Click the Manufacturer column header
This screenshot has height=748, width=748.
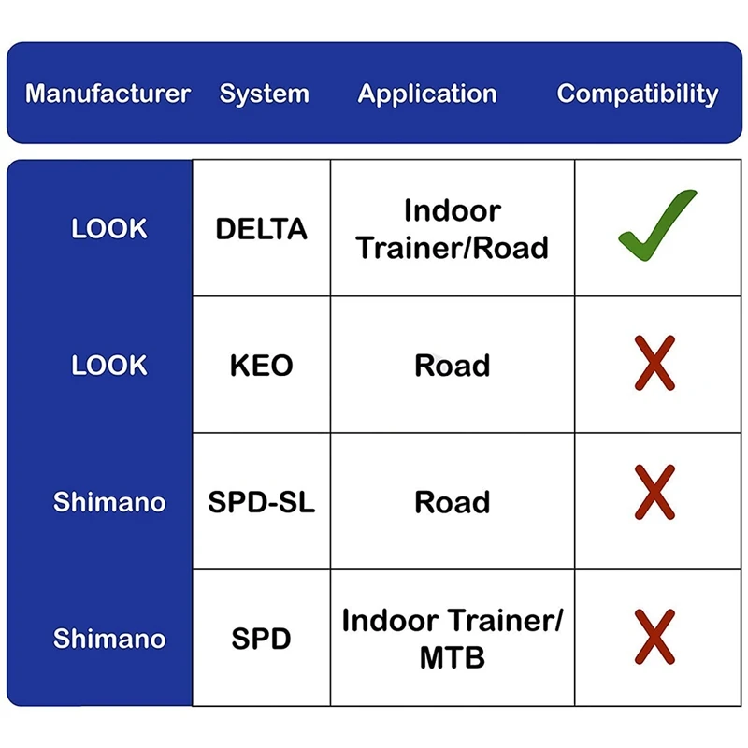coord(108,93)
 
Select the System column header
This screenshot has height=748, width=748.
coord(264,93)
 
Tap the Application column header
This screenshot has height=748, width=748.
coord(427,93)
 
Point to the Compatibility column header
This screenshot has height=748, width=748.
coord(638,93)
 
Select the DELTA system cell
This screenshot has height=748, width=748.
coord(261,229)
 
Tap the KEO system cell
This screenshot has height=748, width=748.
coord(261,366)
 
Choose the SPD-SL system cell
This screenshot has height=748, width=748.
coord(261,502)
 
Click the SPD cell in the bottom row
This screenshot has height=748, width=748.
coord(261,640)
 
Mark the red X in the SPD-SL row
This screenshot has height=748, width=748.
coord(654,493)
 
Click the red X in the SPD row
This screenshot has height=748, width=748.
coord(654,636)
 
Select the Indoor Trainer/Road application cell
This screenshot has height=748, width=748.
coord(453,229)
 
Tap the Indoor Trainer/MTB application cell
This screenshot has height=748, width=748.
coord(453,639)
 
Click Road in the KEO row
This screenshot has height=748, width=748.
coord(453,366)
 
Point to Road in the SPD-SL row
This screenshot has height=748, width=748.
coord(453,502)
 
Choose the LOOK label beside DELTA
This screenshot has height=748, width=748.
coord(109,229)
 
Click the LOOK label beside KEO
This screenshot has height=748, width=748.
coord(109,366)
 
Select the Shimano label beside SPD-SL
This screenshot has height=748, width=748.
coord(109,502)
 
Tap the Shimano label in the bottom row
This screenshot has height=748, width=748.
coord(109,640)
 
